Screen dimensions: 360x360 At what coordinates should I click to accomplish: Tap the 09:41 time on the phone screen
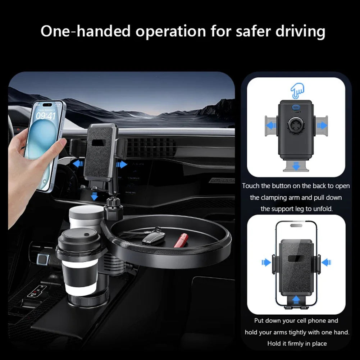46,115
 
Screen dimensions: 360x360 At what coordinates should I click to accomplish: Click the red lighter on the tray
181,240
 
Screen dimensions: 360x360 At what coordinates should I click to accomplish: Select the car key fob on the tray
154,238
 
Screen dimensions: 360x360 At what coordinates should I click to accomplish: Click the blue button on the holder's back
296,107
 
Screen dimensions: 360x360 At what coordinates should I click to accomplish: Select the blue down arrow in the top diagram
296,166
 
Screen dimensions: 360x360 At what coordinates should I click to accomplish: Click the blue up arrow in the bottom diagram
296,298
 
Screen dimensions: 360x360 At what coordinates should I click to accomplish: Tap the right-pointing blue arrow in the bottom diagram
266,263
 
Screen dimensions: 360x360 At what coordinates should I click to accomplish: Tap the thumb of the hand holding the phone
58,145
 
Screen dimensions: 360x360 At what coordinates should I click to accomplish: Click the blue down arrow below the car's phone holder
94,196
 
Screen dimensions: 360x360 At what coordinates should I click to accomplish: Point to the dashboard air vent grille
151,147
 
